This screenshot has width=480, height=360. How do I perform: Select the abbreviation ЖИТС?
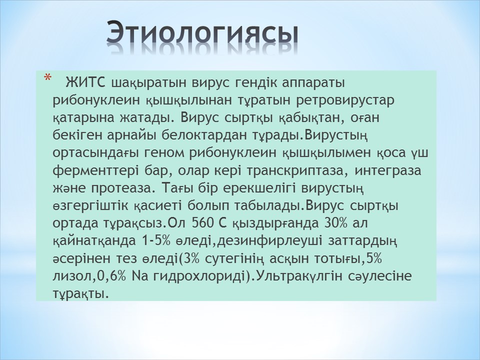85,82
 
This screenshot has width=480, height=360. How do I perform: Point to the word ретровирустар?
345,100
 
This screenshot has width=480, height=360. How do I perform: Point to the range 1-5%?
156,241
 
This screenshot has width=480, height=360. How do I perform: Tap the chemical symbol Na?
139,276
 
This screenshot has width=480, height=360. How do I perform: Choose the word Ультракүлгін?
299,276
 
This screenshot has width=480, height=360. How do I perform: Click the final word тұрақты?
81,294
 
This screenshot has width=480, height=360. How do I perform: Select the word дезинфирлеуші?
269,241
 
